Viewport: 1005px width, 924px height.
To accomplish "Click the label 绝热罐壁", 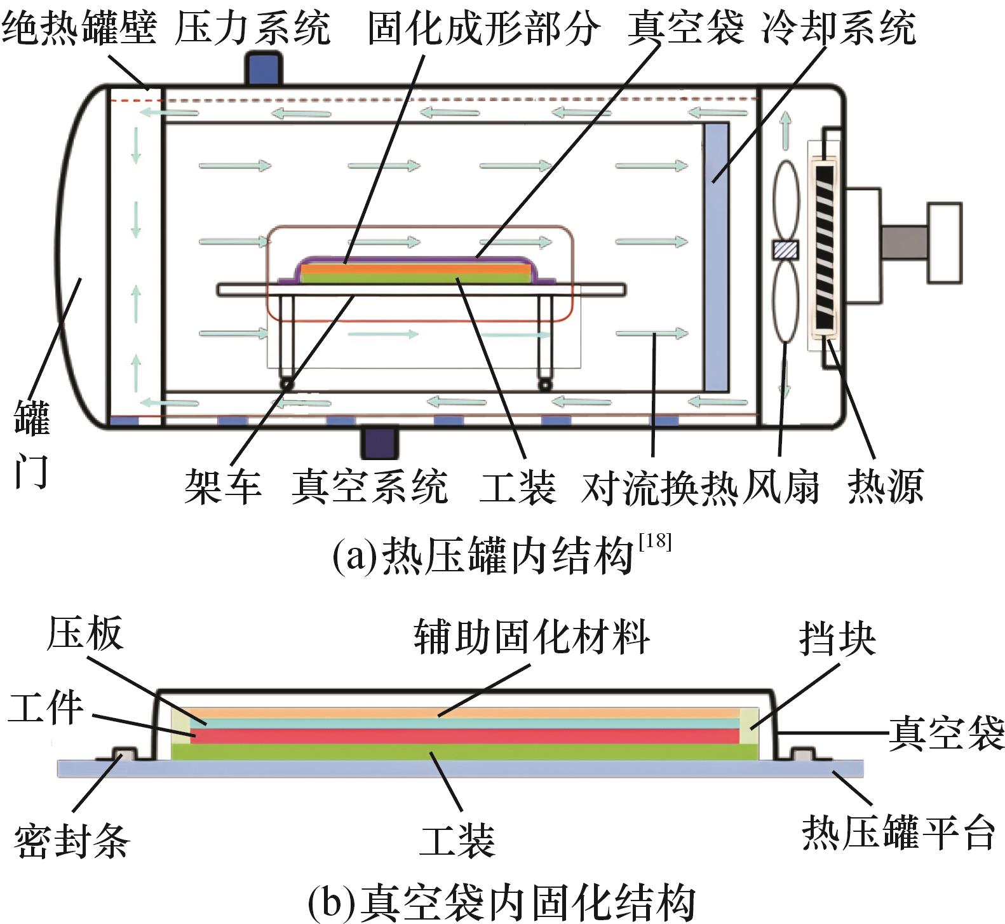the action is (x=79, y=28).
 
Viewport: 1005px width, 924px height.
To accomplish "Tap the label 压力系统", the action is (x=253, y=28).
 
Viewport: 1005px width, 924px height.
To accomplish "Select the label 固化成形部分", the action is (x=483, y=28).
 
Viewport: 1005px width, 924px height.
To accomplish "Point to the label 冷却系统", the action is (x=839, y=28).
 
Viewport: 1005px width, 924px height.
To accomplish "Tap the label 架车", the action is (x=223, y=487).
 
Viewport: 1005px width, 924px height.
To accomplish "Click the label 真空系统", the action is (x=370, y=487).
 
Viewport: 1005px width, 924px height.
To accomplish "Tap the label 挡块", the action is (x=838, y=638).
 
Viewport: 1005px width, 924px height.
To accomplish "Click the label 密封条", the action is (x=72, y=841).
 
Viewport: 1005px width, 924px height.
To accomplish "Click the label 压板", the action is (x=85, y=634).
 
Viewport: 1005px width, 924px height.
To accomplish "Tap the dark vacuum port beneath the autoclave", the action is (x=379, y=442).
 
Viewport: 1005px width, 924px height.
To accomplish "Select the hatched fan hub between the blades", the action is (x=786, y=250).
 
